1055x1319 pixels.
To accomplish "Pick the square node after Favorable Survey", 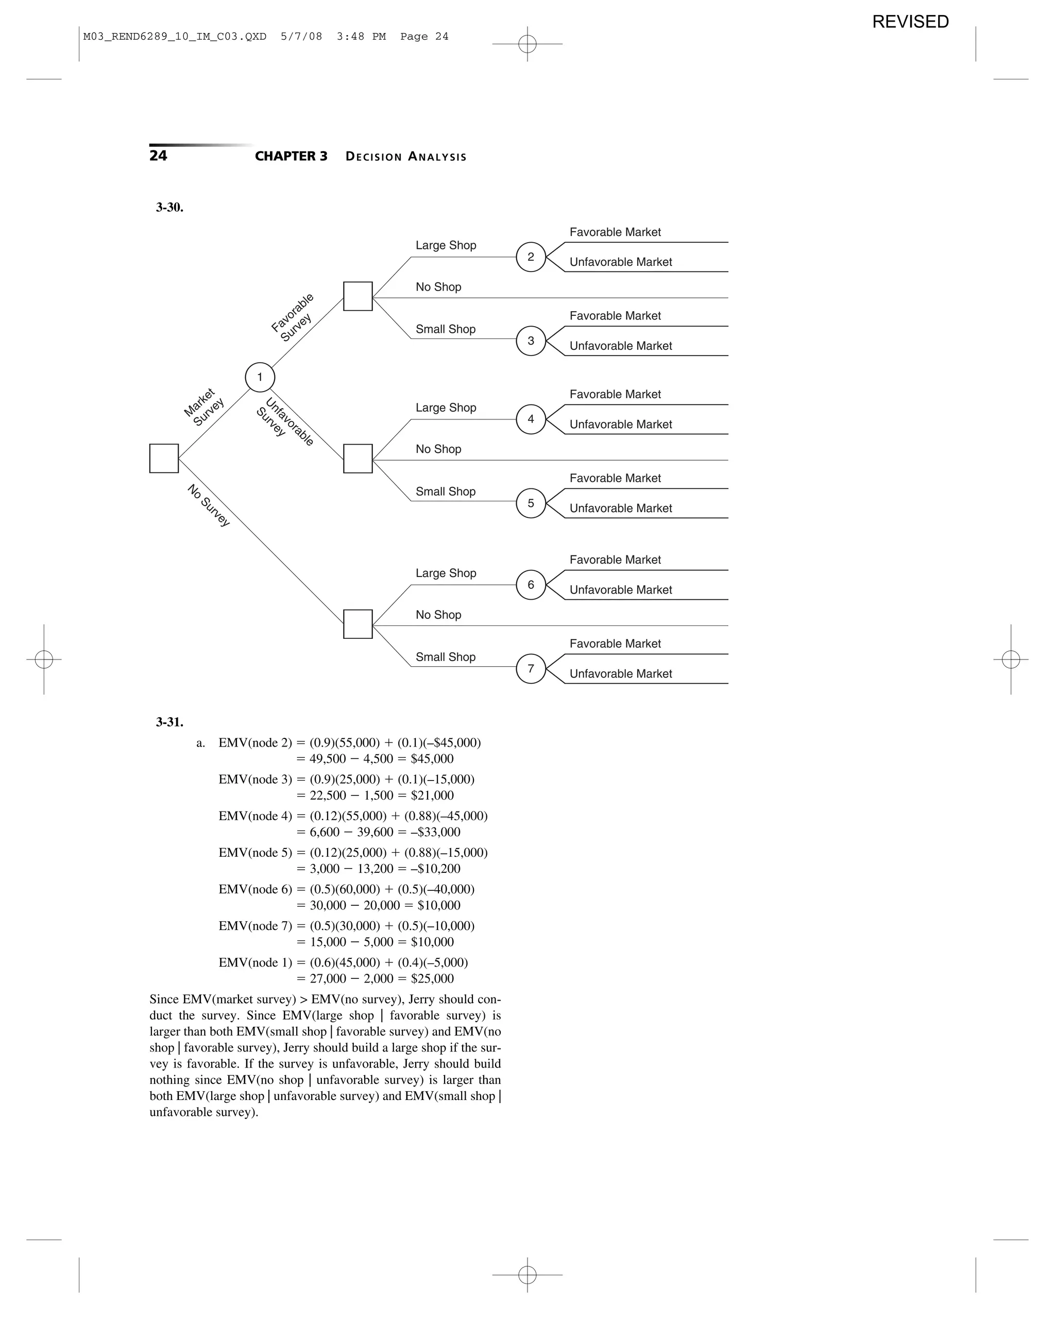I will (x=358, y=296).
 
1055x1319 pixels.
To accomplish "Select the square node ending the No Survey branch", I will (x=358, y=624).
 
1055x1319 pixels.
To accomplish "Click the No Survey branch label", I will (x=209, y=505).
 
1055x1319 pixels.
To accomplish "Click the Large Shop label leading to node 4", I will (x=446, y=408).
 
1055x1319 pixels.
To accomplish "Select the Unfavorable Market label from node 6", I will (x=620, y=590).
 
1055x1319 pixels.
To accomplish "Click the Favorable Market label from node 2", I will (x=615, y=232).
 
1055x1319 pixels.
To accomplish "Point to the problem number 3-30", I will (x=169, y=208).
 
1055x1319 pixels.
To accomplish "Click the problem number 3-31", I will (x=169, y=722).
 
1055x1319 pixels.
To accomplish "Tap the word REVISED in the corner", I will (x=910, y=22).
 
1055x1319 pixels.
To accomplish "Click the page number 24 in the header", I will (x=158, y=156).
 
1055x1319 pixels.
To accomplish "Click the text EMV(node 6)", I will (x=255, y=889).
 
